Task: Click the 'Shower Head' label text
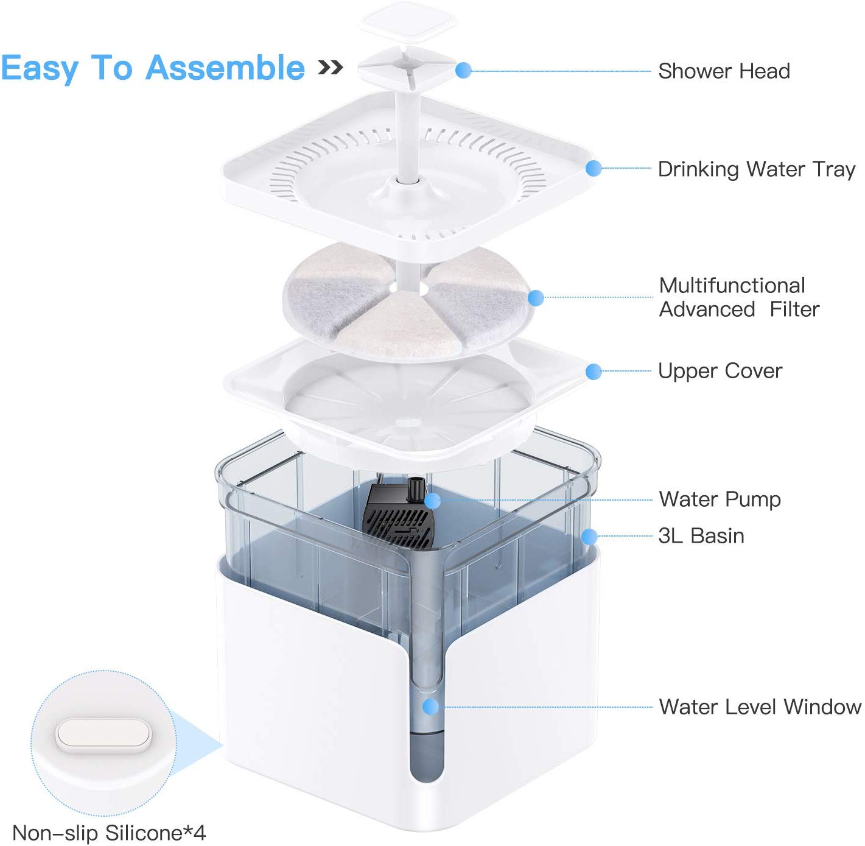(724, 71)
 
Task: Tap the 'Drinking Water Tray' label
(756, 169)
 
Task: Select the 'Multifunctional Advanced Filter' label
(739, 297)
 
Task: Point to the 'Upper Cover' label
(720, 372)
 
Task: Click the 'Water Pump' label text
(720, 499)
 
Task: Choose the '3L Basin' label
(701, 536)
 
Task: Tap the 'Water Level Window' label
(760, 707)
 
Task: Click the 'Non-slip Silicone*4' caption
(109, 833)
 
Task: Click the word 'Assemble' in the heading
(225, 68)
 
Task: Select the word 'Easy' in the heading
(40, 69)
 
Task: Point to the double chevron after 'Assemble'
(331, 68)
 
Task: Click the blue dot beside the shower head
(463, 70)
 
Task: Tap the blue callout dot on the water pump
(432, 501)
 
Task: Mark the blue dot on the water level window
(430, 707)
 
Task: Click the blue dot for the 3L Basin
(589, 537)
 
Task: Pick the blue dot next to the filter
(536, 298)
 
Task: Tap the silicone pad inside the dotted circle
(103, 736)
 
